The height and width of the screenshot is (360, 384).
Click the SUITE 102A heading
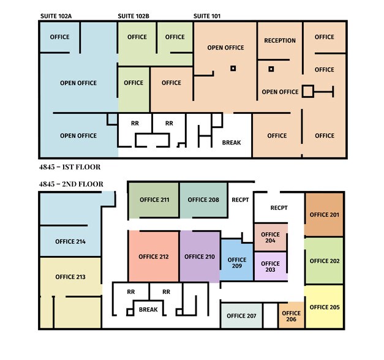point(56,16)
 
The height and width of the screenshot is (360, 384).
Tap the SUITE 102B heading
point(134,16)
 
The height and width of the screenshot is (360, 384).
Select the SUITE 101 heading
point(207,16)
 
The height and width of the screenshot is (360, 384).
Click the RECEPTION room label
point(280,40)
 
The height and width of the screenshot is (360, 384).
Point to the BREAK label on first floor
point(232,143)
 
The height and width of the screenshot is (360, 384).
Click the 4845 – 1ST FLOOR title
point(70,167)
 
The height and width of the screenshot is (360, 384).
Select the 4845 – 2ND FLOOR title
point(71,184)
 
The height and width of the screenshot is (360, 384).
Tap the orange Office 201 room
point(324,214)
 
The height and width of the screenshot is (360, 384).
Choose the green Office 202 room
point(324,261)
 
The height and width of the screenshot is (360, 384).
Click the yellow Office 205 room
point(324,307)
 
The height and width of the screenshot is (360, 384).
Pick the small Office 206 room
point(291,316)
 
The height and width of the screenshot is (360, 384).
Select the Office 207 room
point(241,316)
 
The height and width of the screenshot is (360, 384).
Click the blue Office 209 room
point(237,260)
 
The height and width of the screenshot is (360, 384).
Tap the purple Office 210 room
point(200,257)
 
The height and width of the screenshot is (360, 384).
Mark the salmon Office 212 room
point(154,257)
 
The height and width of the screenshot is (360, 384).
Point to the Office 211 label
point(154,200)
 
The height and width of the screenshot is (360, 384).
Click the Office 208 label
point(203,200)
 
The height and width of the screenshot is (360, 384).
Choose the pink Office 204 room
point(270,237)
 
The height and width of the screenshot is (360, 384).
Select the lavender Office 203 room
point(270,266)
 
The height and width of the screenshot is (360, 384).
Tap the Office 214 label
point(70,242)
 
